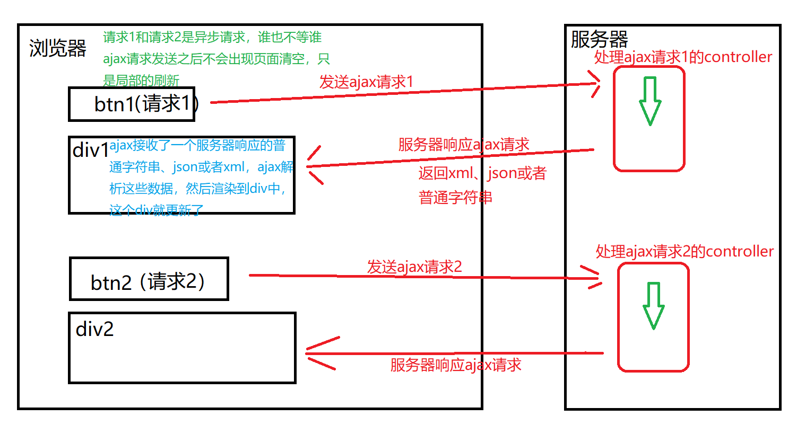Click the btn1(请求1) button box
tap(132, 104)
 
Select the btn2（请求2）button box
tap(149, 279)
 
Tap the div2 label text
tap(95, 329)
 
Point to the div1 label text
tap(90, 150)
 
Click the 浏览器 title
tap(58, 49)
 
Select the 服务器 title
tap(599, 40)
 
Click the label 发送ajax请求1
tap(366, 82)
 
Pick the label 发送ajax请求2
tap(414, 266)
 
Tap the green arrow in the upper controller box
tap(649, 101)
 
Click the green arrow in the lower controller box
tap(653, 306)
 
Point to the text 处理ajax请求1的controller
tap(683, 57)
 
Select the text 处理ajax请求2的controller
tap(685, 251)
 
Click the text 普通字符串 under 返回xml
tap(455, 198)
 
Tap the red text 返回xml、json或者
tap(482, 173)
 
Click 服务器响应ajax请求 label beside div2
tap(456, 365)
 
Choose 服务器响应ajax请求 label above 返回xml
tap(463, 145)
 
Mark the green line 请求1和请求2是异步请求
tap(212, 38)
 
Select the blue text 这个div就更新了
tap(156, 209)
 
